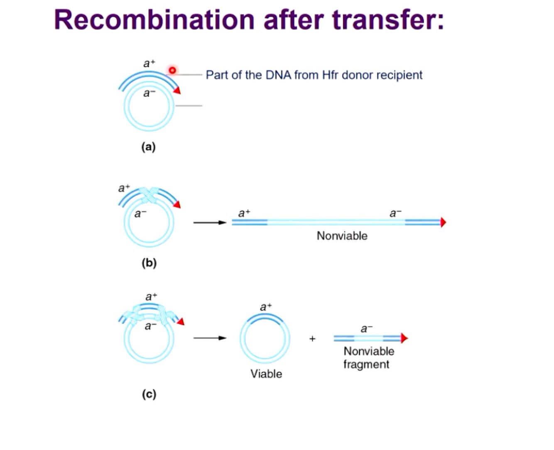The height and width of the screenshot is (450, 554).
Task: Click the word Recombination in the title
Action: (154, 20)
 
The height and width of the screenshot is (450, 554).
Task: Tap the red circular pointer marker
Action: (172, 70)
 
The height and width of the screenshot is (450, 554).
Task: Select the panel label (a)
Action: (148, 147)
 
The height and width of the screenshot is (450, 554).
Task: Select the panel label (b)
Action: (149, 263)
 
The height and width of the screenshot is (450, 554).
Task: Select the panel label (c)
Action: (149, 394)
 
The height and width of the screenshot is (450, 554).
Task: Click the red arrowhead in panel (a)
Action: (177, 90)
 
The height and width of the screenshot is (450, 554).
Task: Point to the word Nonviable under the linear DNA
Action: (342, 236)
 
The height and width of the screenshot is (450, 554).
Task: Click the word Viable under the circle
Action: (266, 374)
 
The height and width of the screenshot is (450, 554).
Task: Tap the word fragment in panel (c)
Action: (366, 364)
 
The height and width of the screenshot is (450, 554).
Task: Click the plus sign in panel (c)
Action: (312, 339)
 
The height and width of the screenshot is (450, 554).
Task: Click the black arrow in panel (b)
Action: (210, 223)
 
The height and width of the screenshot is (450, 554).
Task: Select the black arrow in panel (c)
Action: (210, 338)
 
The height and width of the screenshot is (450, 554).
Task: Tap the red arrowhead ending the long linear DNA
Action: (443, 223)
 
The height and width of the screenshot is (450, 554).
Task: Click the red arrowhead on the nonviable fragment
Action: (404, 338)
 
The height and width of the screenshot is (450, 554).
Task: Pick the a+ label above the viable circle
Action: (266, 307)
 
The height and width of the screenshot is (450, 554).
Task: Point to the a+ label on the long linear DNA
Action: (244, 213)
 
